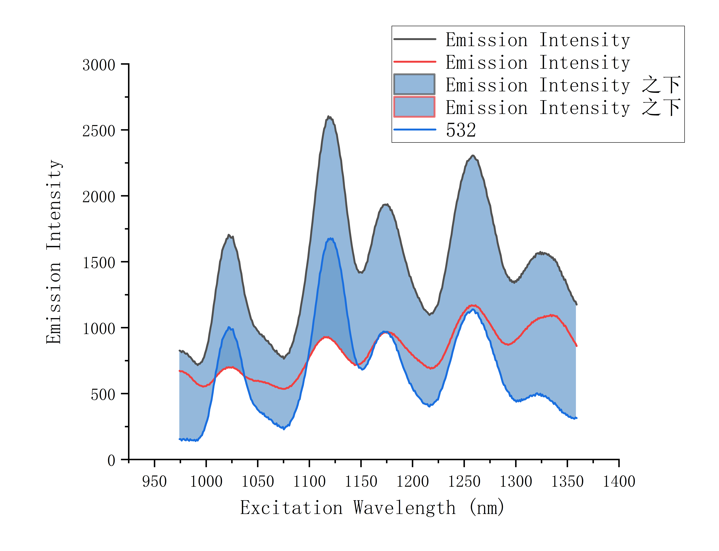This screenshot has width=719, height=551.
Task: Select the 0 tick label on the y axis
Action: point(111,460)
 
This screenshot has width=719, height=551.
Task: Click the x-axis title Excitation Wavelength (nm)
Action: point(372,508)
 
